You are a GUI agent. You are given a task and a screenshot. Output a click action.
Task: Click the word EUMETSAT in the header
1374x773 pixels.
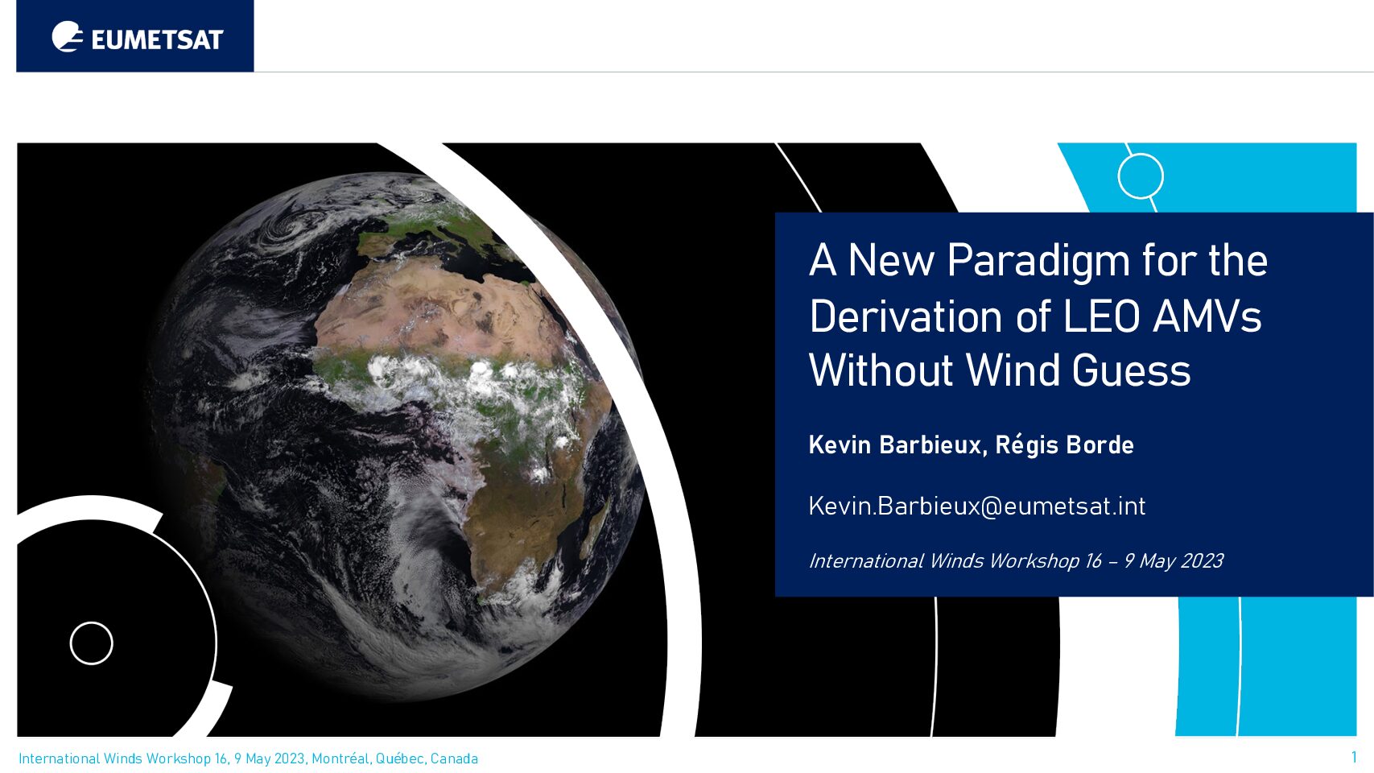point(157,40)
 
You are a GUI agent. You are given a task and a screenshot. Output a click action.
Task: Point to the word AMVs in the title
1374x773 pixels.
point(1207,316)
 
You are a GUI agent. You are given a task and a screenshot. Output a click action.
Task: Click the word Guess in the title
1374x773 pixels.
point(1131,370)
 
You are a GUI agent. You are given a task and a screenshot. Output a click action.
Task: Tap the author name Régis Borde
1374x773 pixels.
point(1064,445)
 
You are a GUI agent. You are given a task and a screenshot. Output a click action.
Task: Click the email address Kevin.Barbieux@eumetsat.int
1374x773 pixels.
point(977,506)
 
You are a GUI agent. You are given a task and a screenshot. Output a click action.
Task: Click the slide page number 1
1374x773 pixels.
point(1354,757)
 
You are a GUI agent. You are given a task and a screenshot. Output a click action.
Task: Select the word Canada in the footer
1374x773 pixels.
point(454,759)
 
